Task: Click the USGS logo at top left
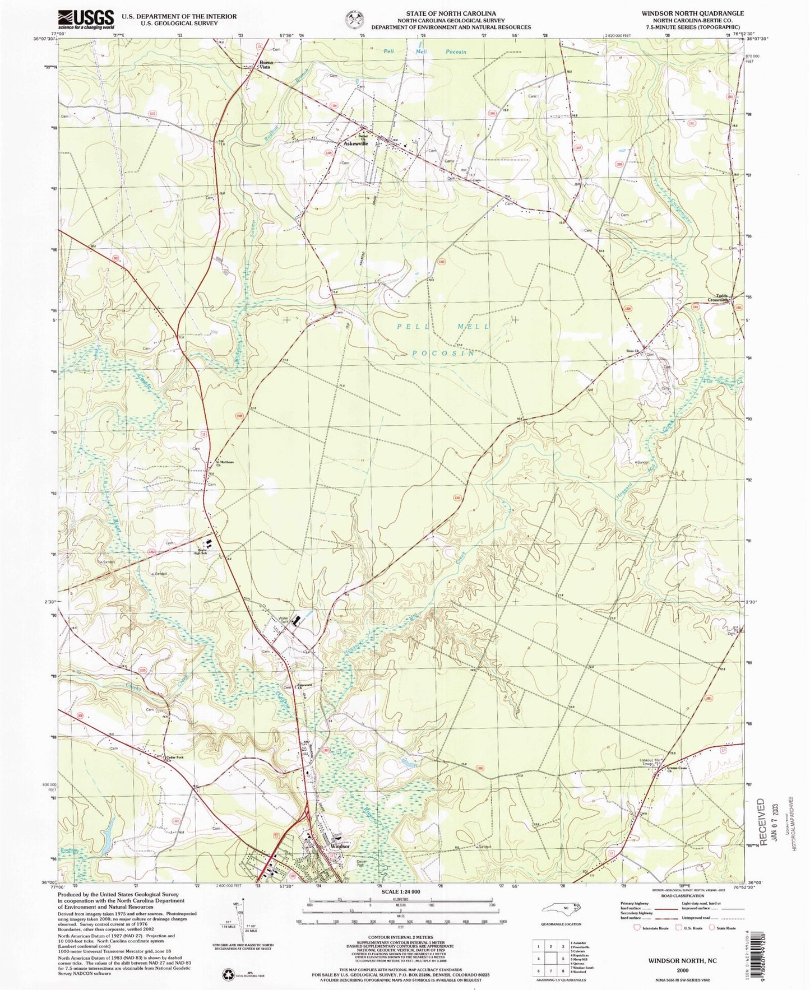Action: (x=86, y=19)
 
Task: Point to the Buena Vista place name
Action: (x=264, y=64)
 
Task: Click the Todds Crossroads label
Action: (x=720, y=298)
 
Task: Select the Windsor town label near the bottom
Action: (x=340, y=846)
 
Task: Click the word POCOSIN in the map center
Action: (x=443, y=354)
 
